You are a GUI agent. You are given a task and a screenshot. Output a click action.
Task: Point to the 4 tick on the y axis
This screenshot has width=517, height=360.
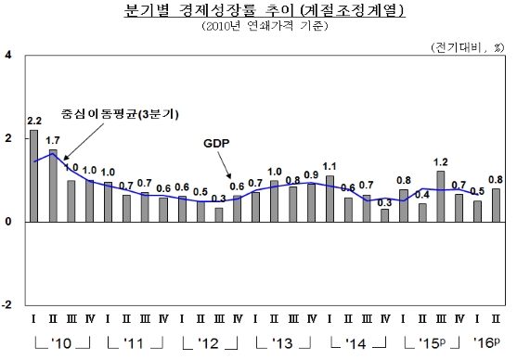click(8, 56)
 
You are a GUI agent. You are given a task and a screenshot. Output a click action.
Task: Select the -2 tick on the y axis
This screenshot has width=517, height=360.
click(8, 304)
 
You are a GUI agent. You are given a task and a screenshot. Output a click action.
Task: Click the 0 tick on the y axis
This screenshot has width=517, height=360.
click(8, 222)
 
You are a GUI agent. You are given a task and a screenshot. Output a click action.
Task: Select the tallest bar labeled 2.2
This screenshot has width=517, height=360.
click(34, 176)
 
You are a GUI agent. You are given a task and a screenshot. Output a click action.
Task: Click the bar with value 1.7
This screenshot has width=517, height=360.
click(53, 186)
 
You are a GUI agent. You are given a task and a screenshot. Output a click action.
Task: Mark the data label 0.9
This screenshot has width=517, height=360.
click(311, 174)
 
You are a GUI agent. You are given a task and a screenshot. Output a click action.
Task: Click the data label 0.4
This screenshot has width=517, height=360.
click(421, 194)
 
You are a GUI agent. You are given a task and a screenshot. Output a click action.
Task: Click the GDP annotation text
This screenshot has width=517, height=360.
click(215, 144)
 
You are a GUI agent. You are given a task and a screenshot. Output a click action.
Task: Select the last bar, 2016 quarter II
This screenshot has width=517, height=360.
click(495, 205)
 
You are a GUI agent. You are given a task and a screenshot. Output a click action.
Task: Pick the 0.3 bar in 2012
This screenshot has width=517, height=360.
click(218, 214)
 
